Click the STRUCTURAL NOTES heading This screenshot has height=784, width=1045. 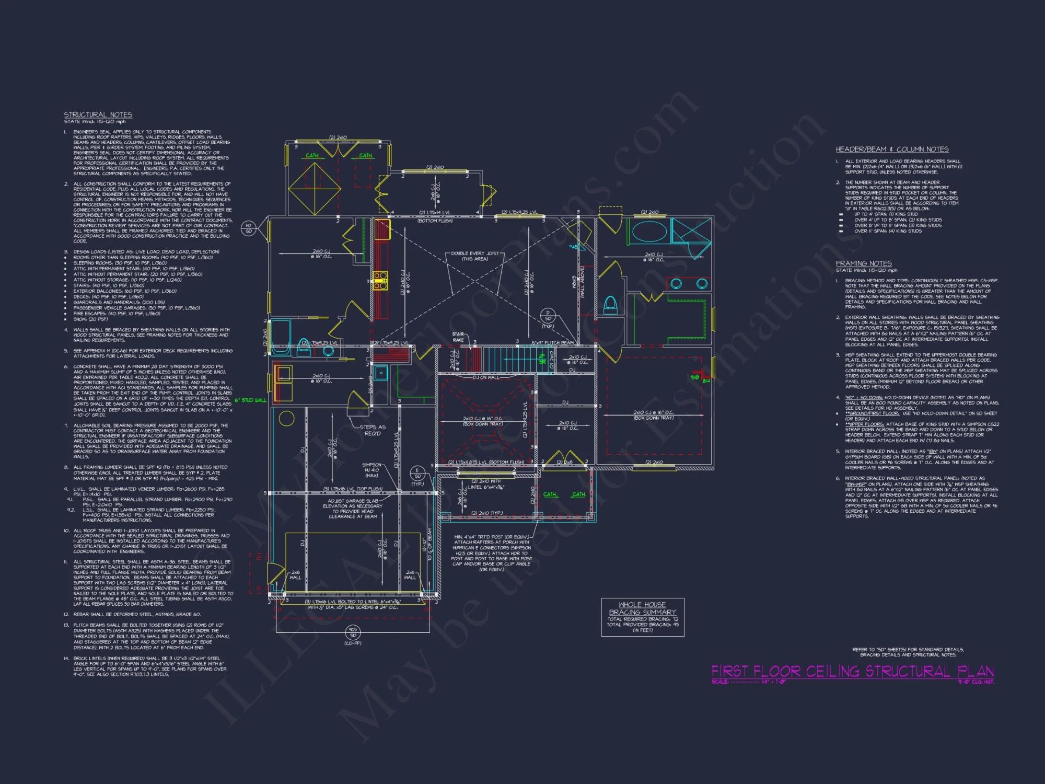coord(98,114)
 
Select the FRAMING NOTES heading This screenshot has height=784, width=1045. coord(864,263)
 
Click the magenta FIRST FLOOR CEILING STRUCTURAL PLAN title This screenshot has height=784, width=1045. coord(852,671)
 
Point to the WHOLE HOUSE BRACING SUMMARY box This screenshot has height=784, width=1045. coord(642,617)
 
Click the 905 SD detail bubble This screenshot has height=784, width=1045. coord(353,632)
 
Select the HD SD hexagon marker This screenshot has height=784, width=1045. coord(249,228)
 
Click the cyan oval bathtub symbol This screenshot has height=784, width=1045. coord(649,231)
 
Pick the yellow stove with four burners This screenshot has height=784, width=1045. coord(380,280)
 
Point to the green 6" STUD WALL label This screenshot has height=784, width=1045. coord(250,400)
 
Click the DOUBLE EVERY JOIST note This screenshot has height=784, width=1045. coord(474,256)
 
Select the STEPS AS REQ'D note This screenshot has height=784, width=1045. coord(373,430)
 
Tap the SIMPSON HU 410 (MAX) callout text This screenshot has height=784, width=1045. coord(371,470)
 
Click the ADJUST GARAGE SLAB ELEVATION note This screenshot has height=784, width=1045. coord(353,509)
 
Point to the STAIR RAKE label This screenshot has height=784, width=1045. coord(458,337)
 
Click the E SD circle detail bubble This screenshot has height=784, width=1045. coord(417,473)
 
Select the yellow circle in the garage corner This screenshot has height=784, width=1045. coord(286,418)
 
